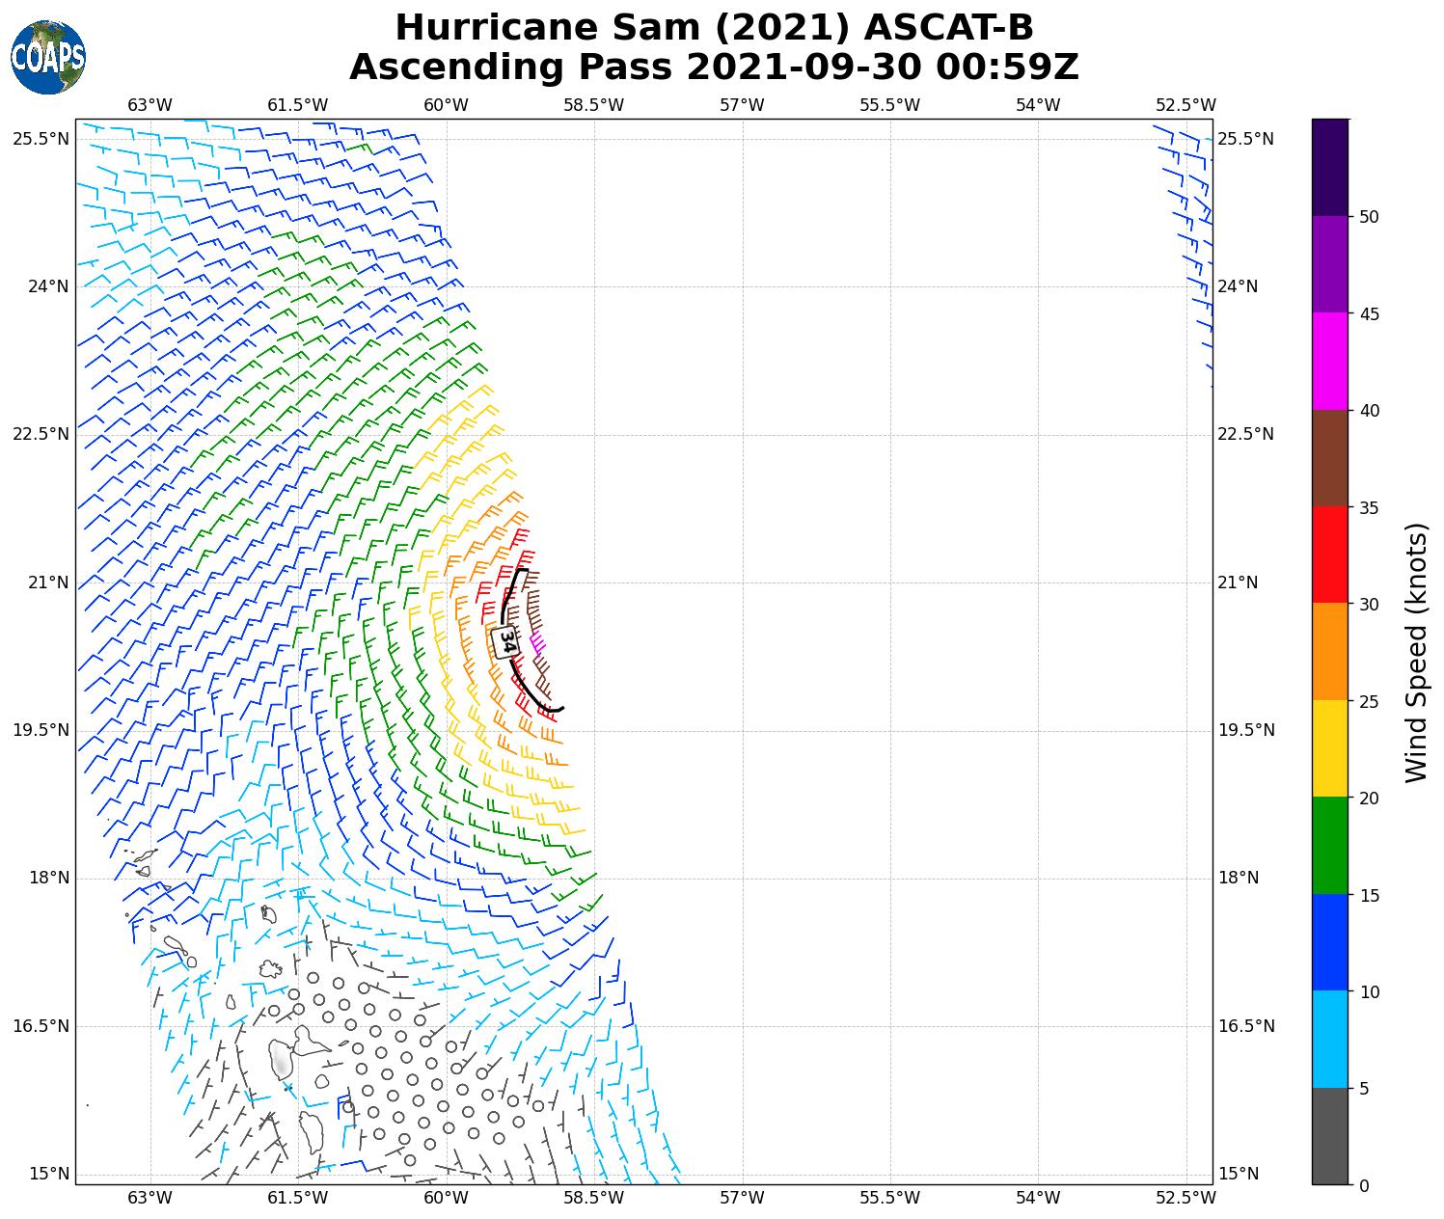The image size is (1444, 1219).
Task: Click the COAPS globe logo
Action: (x=48, y=57)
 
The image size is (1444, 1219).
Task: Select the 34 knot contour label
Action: (x=505, y=641)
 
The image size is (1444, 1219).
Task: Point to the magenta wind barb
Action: (x=538, y=641)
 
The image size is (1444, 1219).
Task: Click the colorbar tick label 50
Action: (x=1368, y=217)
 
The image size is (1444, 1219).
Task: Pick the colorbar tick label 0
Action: (x=1363, y=1185)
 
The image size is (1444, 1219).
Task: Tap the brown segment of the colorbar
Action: (x=1329, y=458)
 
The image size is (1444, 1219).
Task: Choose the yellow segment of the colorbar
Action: (x=1329, y=748)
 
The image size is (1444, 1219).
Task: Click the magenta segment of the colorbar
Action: (x=1329, y=361)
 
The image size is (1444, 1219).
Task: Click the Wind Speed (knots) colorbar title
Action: (x=1415, y=652)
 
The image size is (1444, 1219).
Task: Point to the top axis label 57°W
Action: (x=742, y=105)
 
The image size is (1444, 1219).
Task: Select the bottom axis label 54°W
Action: (x=1038, y=1198)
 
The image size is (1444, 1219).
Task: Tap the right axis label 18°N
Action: (x=1239, y=879)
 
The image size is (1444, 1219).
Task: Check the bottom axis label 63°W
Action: (x=150, y=1198)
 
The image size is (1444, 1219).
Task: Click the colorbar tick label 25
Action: (x=1368, y=701)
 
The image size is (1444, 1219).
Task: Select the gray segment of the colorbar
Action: (x=1329, y=1136)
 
